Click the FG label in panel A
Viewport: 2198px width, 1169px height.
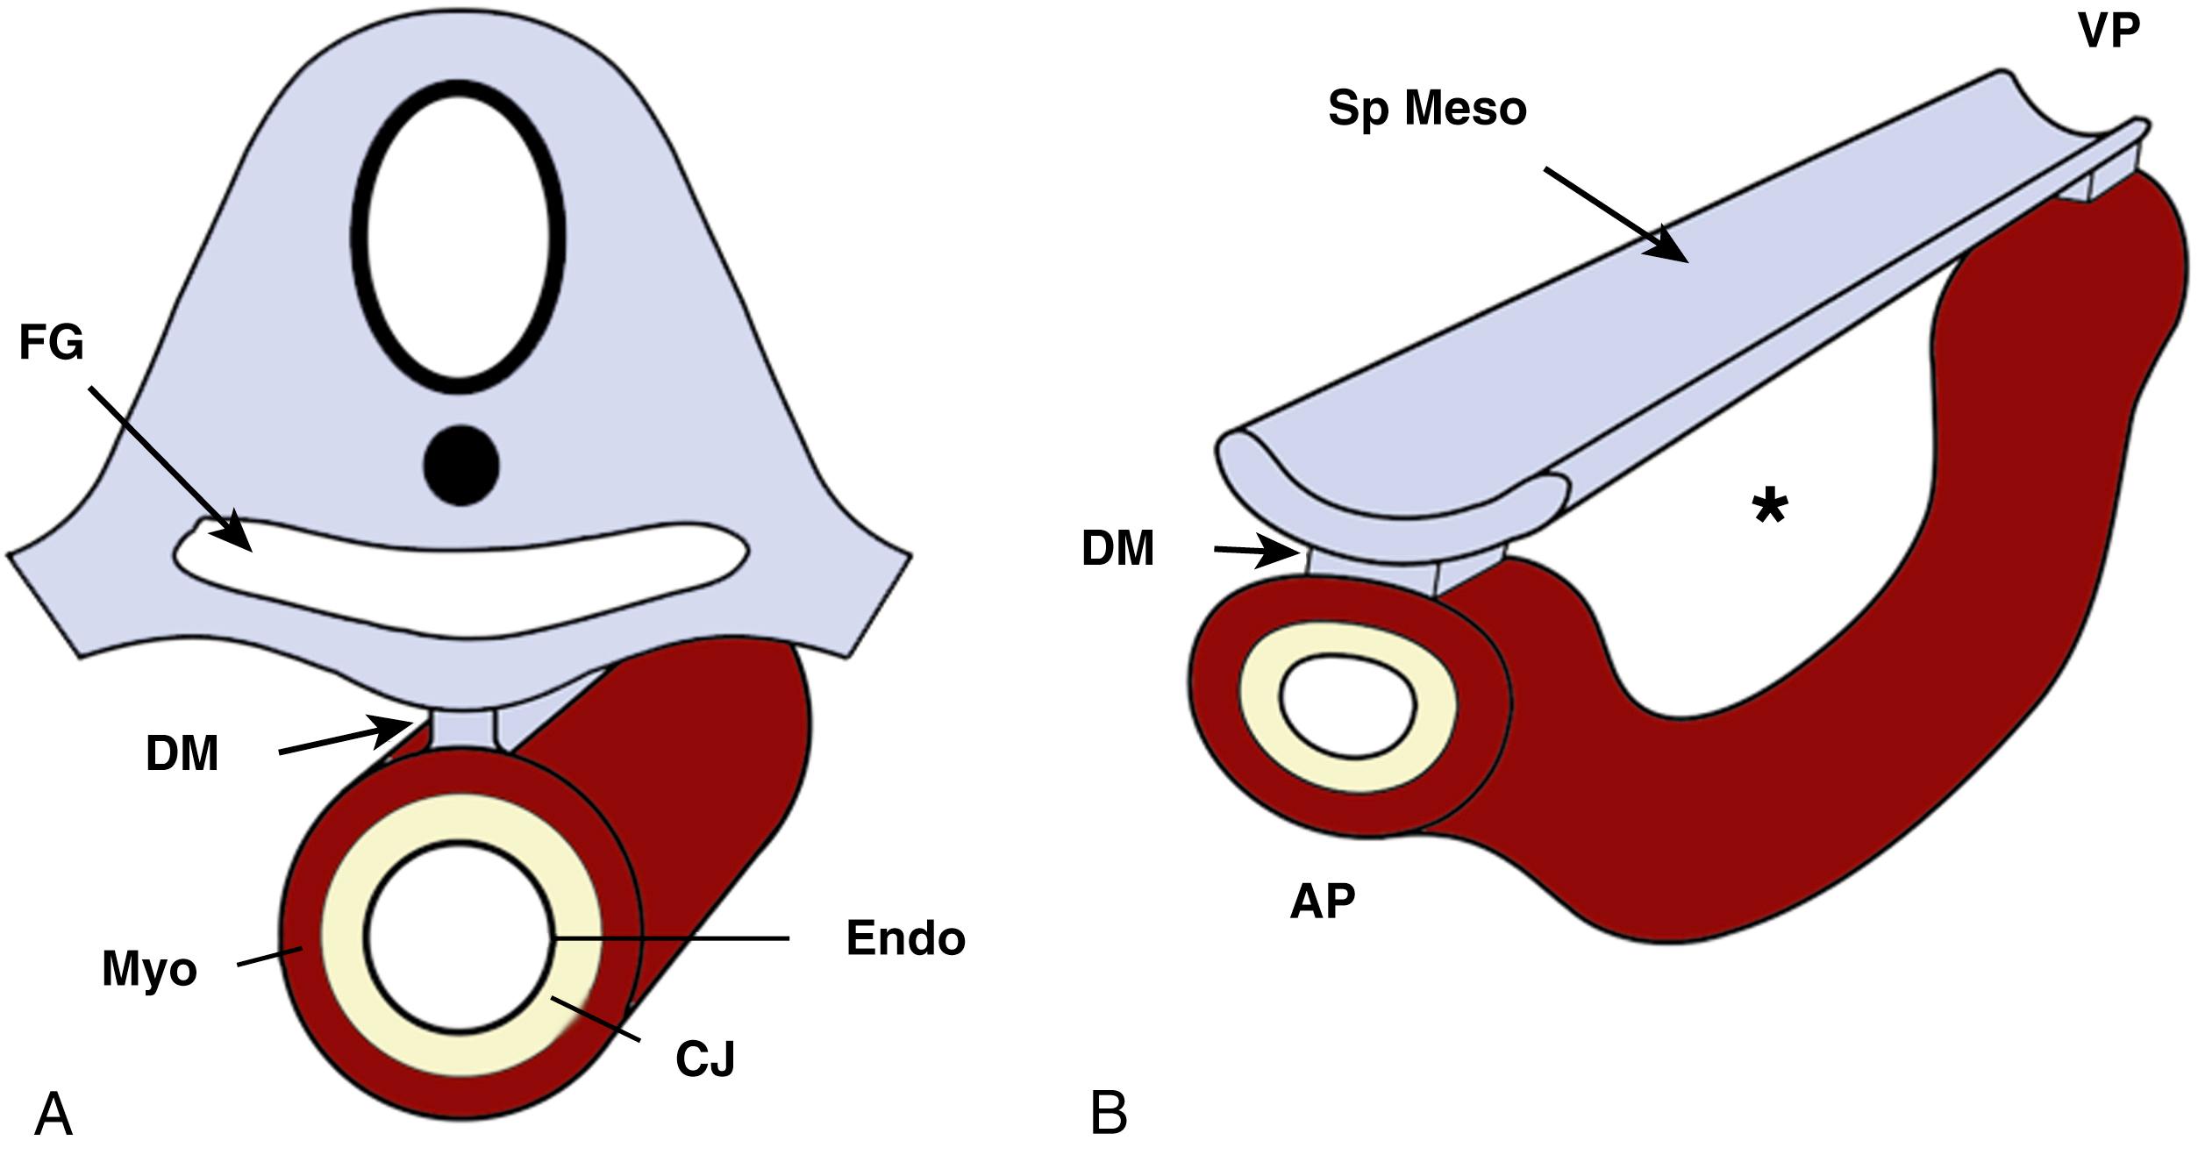(52, 343)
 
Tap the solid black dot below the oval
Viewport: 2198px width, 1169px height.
(461, 465)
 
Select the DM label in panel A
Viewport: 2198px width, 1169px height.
(182, 754)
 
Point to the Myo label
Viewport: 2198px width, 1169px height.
(149, 969)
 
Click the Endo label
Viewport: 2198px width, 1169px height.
(905, 938)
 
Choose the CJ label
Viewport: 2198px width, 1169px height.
(705, 1059)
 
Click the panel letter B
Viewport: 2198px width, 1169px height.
(1108, 1114)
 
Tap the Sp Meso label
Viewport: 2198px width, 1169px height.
(1427, 109)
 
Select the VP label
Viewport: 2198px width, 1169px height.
(2109, 32)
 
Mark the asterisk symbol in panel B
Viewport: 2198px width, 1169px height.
(1770, 509)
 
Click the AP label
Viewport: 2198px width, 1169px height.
(1322, 902)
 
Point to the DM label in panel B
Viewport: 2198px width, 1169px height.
(1117, 549)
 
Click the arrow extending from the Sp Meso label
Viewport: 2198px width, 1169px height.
(1616, 214)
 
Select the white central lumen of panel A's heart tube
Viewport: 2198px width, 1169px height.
(460, 937)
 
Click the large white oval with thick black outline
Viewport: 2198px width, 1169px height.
(459, 237)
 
